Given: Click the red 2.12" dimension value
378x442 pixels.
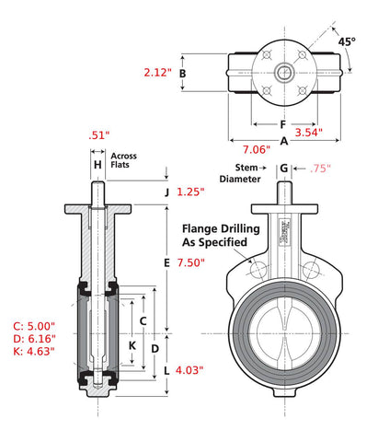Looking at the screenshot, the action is pyautogui.click(x=157, y=73).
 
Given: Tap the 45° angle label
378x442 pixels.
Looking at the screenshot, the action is pyautogui.click(x=347, y=41).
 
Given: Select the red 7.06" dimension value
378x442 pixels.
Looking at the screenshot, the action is pyautogui.click(x=257, y=149).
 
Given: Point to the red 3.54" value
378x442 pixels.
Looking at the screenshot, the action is pyautogui.click(x=309, y=133).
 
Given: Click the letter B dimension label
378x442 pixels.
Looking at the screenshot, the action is pyautogui.click(x=182, y=74).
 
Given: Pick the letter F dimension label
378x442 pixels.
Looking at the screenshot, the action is pyautogui.click(x=283, y=124).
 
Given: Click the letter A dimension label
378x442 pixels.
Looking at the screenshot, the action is pyautogui.click(x=284, y=141).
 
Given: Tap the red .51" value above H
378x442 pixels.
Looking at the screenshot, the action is pyautogui.click(x=98, y=135).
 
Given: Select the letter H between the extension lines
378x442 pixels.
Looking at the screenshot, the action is pyautogui.click(x=97, y=165).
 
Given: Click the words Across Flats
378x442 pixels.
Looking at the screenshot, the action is pyautogui.click(x=123, y=160).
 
